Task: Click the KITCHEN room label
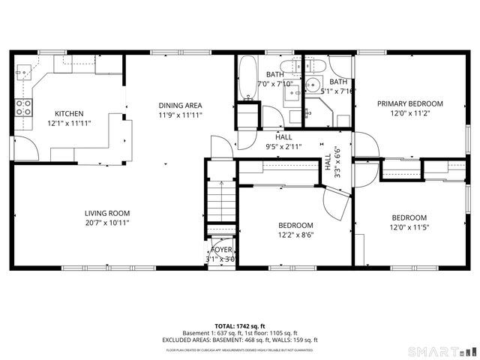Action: tap(68, 114)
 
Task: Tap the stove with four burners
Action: tap(24, 107)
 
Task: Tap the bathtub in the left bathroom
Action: tap(247, 79)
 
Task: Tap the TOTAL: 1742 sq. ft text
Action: tap(240, 326)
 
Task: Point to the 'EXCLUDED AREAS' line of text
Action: tap(240, 340)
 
